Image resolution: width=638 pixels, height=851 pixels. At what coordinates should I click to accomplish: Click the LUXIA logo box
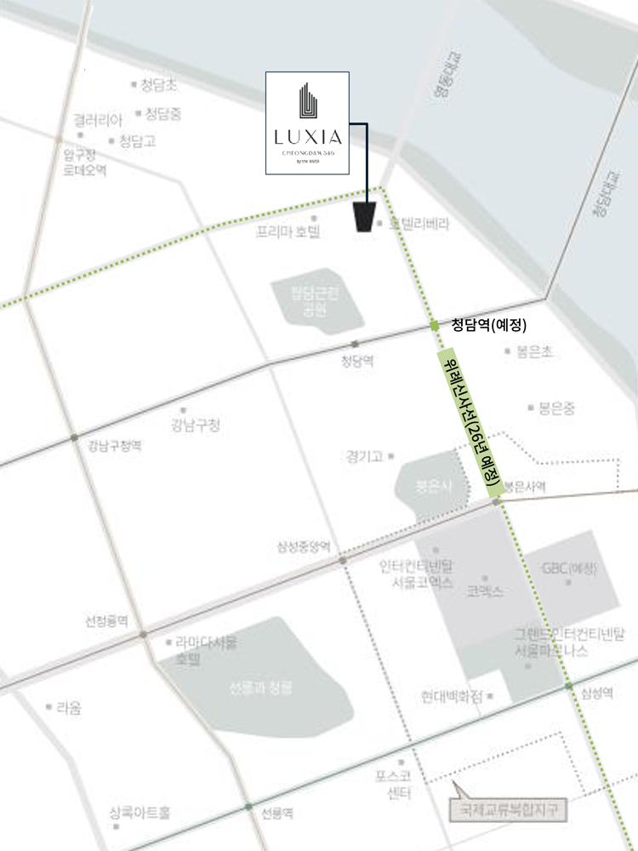pyautogui.click(x=307, y=124)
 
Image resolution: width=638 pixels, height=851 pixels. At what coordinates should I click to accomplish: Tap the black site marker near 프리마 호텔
pyautogui.click(x=366, y=217)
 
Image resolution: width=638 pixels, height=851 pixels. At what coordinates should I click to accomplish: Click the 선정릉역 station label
pyautogui.click(x=106, y=621)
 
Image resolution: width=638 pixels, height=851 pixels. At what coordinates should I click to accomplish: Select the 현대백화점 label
pyautogui.click(x=452, y=696)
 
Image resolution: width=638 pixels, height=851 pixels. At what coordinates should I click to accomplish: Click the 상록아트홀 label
pyautogui.click(x=140, y=813)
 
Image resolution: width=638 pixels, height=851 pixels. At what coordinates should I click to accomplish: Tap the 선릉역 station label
pyautogui.click(x=277, y=814)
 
